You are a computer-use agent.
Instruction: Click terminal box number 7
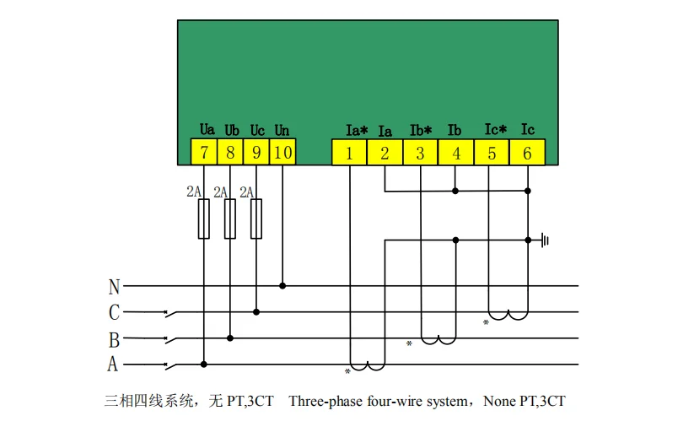204,153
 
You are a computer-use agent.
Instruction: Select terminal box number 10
282,153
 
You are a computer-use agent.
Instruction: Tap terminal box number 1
350,153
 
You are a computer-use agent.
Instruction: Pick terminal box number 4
456,153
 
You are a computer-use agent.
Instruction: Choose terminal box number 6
527,153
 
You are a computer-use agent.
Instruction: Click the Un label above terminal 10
282,131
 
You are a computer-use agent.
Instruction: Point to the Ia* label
357,131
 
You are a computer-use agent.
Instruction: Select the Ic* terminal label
496,130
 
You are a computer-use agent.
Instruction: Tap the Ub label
232,131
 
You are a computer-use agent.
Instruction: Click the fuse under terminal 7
204,219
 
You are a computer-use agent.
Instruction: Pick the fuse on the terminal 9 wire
256,219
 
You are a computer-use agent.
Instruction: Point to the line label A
113,365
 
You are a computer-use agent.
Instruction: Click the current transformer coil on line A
368,366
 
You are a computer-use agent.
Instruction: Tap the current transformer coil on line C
509,316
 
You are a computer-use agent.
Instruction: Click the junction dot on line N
282,286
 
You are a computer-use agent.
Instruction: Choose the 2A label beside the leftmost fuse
193,192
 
